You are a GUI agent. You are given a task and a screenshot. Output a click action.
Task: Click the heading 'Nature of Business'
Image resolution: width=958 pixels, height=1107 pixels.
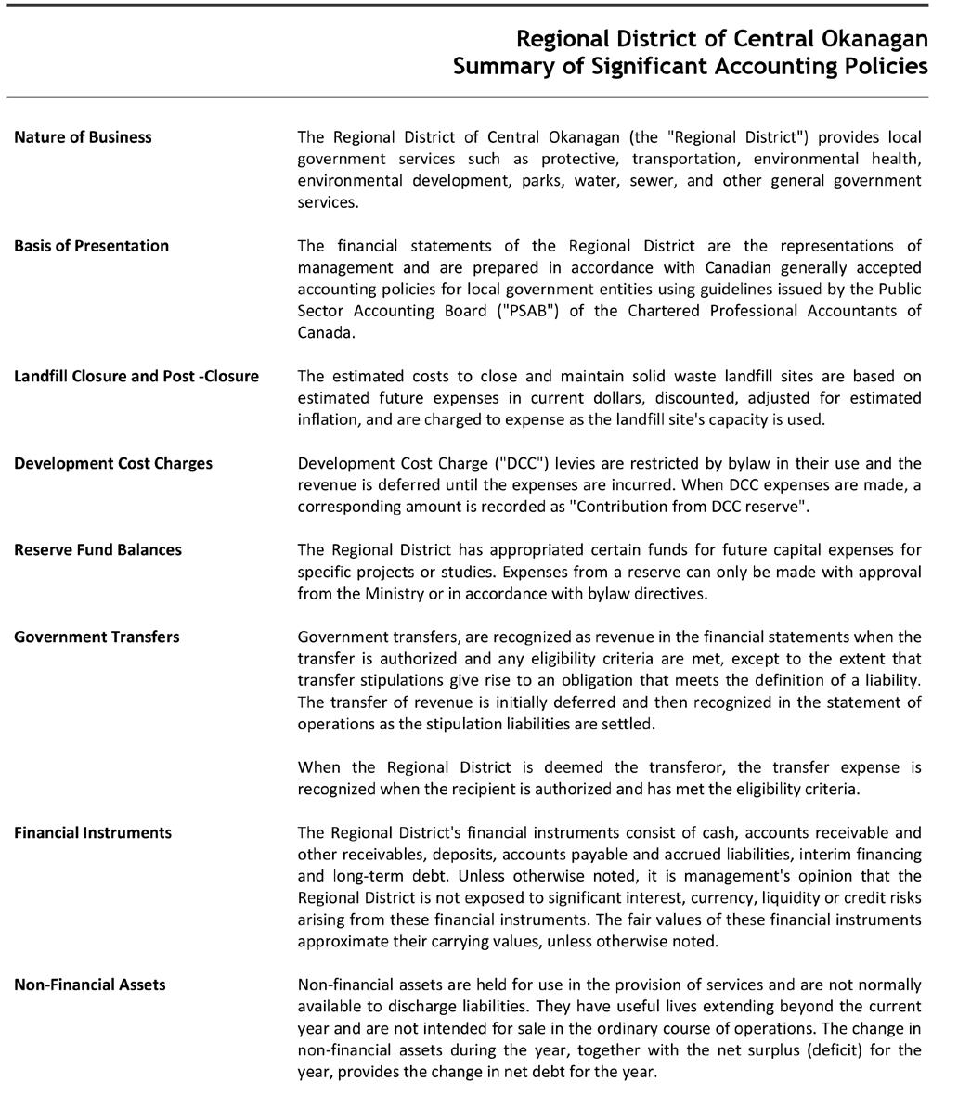pos(83,137)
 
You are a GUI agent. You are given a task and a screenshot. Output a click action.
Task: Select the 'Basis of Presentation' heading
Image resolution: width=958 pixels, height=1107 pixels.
pos(91,246)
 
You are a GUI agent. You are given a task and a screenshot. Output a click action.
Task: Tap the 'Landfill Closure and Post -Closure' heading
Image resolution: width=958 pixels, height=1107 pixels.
pos(136,376)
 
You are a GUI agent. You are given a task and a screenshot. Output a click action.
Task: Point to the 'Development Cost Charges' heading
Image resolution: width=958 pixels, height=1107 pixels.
pos(112,463)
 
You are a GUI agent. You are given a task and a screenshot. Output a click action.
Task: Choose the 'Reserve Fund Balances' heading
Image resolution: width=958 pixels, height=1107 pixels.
pos(97,549)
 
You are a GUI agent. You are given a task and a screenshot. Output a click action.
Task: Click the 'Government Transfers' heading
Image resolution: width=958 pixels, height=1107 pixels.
pos(97,637)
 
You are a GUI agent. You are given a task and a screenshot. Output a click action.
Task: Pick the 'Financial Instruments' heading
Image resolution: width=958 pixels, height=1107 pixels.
pos(93,832)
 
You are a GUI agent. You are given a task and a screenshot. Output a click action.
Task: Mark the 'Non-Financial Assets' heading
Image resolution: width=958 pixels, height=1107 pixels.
pos(90,985)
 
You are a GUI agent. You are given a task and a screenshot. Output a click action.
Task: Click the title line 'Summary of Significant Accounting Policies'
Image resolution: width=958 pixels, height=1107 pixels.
pos(690,67)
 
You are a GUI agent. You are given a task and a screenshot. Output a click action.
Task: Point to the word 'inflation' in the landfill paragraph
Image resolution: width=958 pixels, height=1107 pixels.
pos(327,419)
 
